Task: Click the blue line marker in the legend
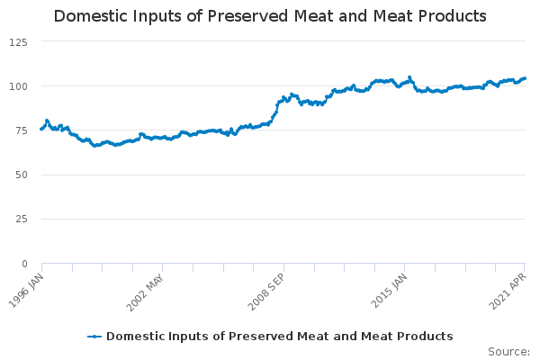pyautogui.click(x=94, y=336)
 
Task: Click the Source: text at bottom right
pyautogui.click(x=508, y=351)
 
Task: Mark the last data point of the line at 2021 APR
pyautogui.click(x=525, y=78)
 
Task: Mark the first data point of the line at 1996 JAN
pyautogui.click(x=41, y=129)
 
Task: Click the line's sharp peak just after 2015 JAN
pyautogui.click(x=409, y=77)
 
